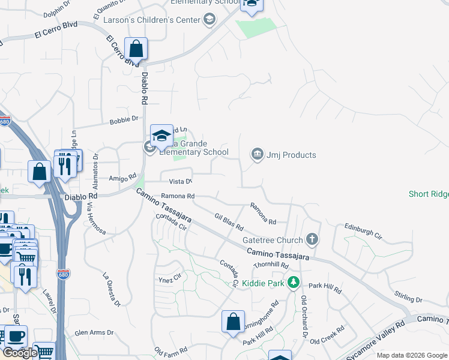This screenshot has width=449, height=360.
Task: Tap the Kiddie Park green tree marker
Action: coord(293,281)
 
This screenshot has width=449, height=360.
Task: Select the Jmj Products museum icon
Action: coord(258,155)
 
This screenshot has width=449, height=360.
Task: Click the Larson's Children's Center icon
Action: coord(209,20)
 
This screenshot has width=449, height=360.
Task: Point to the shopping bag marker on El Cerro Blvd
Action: coord(136,49)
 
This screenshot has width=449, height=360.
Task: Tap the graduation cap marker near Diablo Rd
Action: coord(161,137)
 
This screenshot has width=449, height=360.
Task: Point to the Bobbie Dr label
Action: coord(124,120)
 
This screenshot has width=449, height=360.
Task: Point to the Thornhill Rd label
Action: coord(271,265)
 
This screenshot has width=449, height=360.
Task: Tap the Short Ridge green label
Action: coord(429,194)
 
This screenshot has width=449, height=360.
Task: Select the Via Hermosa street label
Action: coord(96,219)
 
